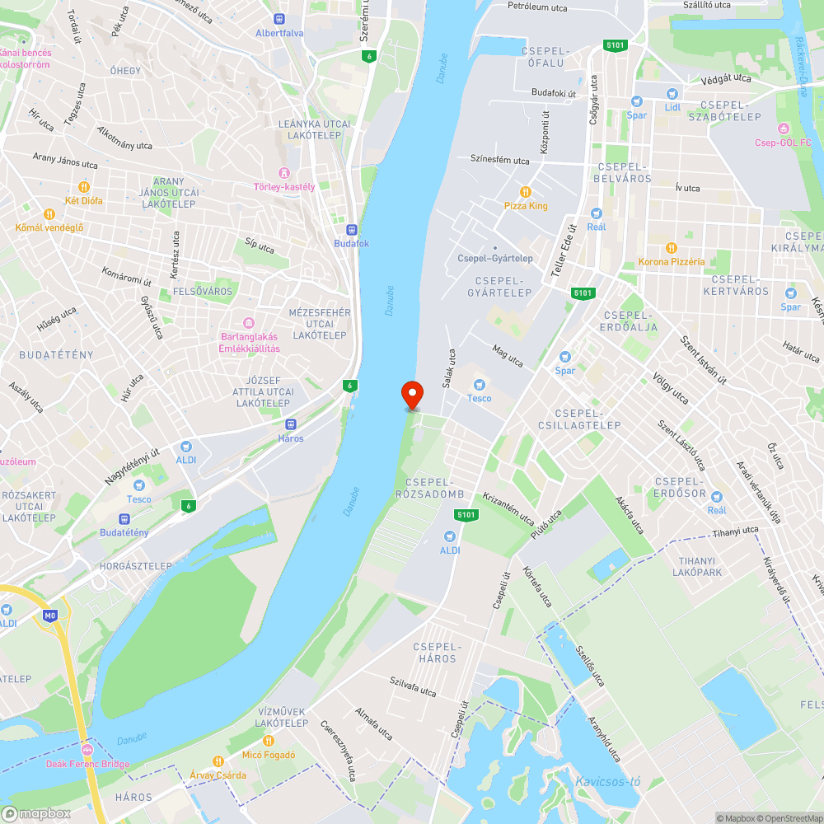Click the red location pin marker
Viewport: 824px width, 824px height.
point(411,394)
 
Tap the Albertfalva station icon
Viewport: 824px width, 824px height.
point(280,19)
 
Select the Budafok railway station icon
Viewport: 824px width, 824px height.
point(352,230)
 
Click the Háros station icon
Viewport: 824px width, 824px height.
point(290,424)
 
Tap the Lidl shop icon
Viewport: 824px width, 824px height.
point(672,94)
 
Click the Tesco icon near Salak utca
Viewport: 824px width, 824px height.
point(479,384)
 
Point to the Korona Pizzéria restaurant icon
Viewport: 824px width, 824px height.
point(672,247)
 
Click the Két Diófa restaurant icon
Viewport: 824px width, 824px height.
point(83,187)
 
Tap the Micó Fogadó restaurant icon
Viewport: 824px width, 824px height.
point(269,740)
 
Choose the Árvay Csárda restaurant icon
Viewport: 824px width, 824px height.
point(218,761)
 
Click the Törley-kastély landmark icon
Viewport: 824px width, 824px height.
point(284,172)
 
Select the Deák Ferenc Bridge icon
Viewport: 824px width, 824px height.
point(87,750)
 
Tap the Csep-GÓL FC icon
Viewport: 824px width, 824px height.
point(784,128)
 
